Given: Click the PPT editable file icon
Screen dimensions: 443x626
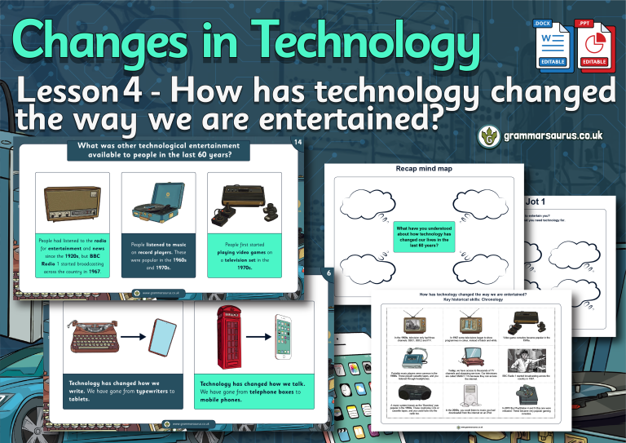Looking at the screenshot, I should click(x=593, y=45).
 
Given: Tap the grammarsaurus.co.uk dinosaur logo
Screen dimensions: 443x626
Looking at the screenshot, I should click(x=489, y=135).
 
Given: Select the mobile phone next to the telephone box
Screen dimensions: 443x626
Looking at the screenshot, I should click(x=283, y=337).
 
